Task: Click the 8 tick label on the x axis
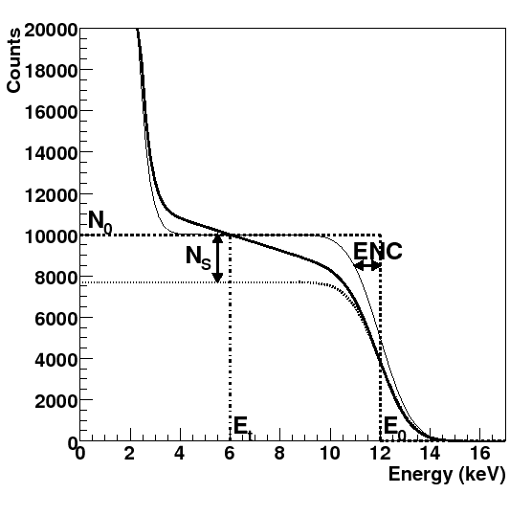point(279,454)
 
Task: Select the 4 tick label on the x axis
point(180,454)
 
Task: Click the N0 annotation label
point(100,221)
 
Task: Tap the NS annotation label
point(198,256)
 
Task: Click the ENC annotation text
point(377,252)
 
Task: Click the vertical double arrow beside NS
point(218,258)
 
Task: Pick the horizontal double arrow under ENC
point(367,266)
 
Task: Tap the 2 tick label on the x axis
point(130,454)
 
